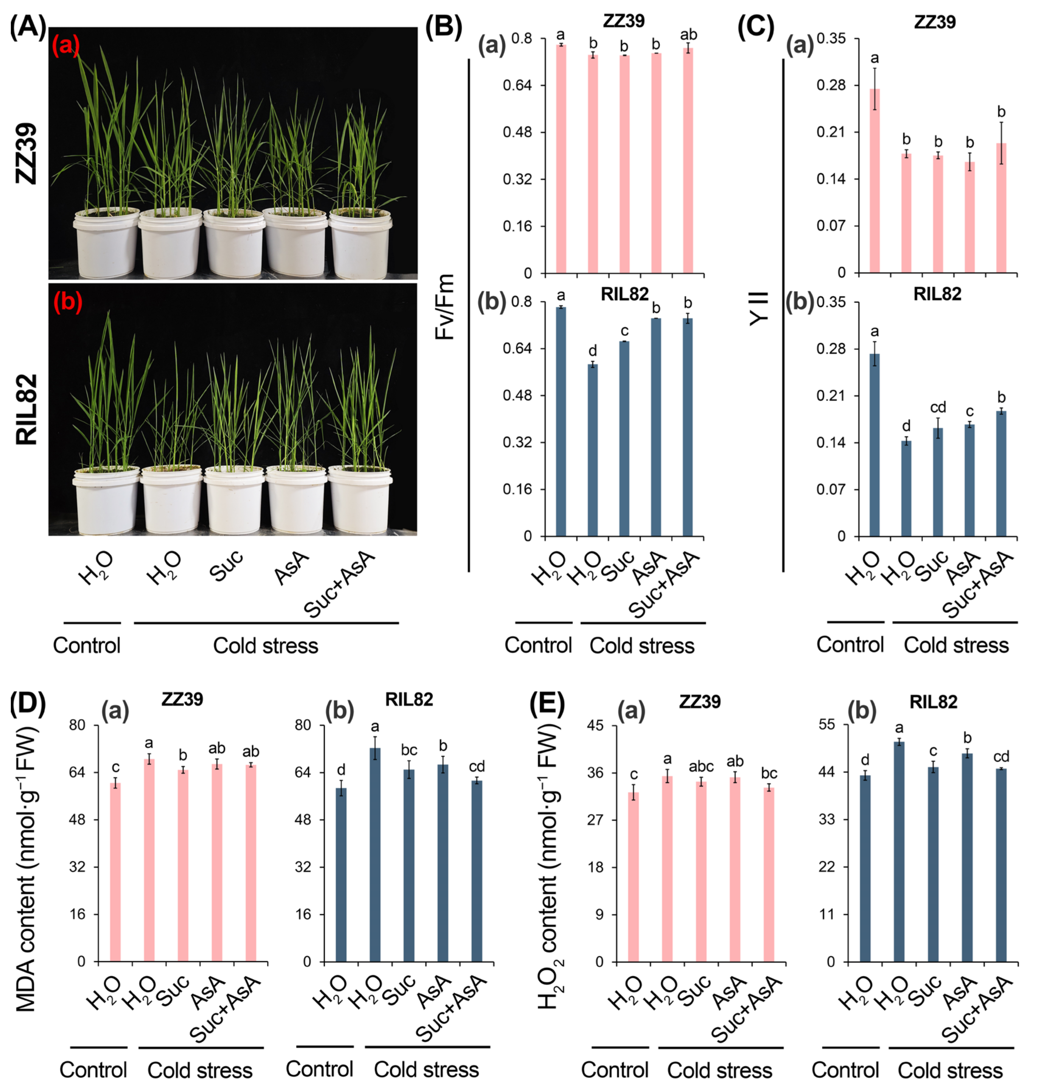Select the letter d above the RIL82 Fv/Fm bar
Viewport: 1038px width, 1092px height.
(593, 351)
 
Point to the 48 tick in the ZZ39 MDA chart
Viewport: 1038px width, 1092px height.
(77, 820)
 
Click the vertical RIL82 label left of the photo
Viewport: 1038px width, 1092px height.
(26, 410)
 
